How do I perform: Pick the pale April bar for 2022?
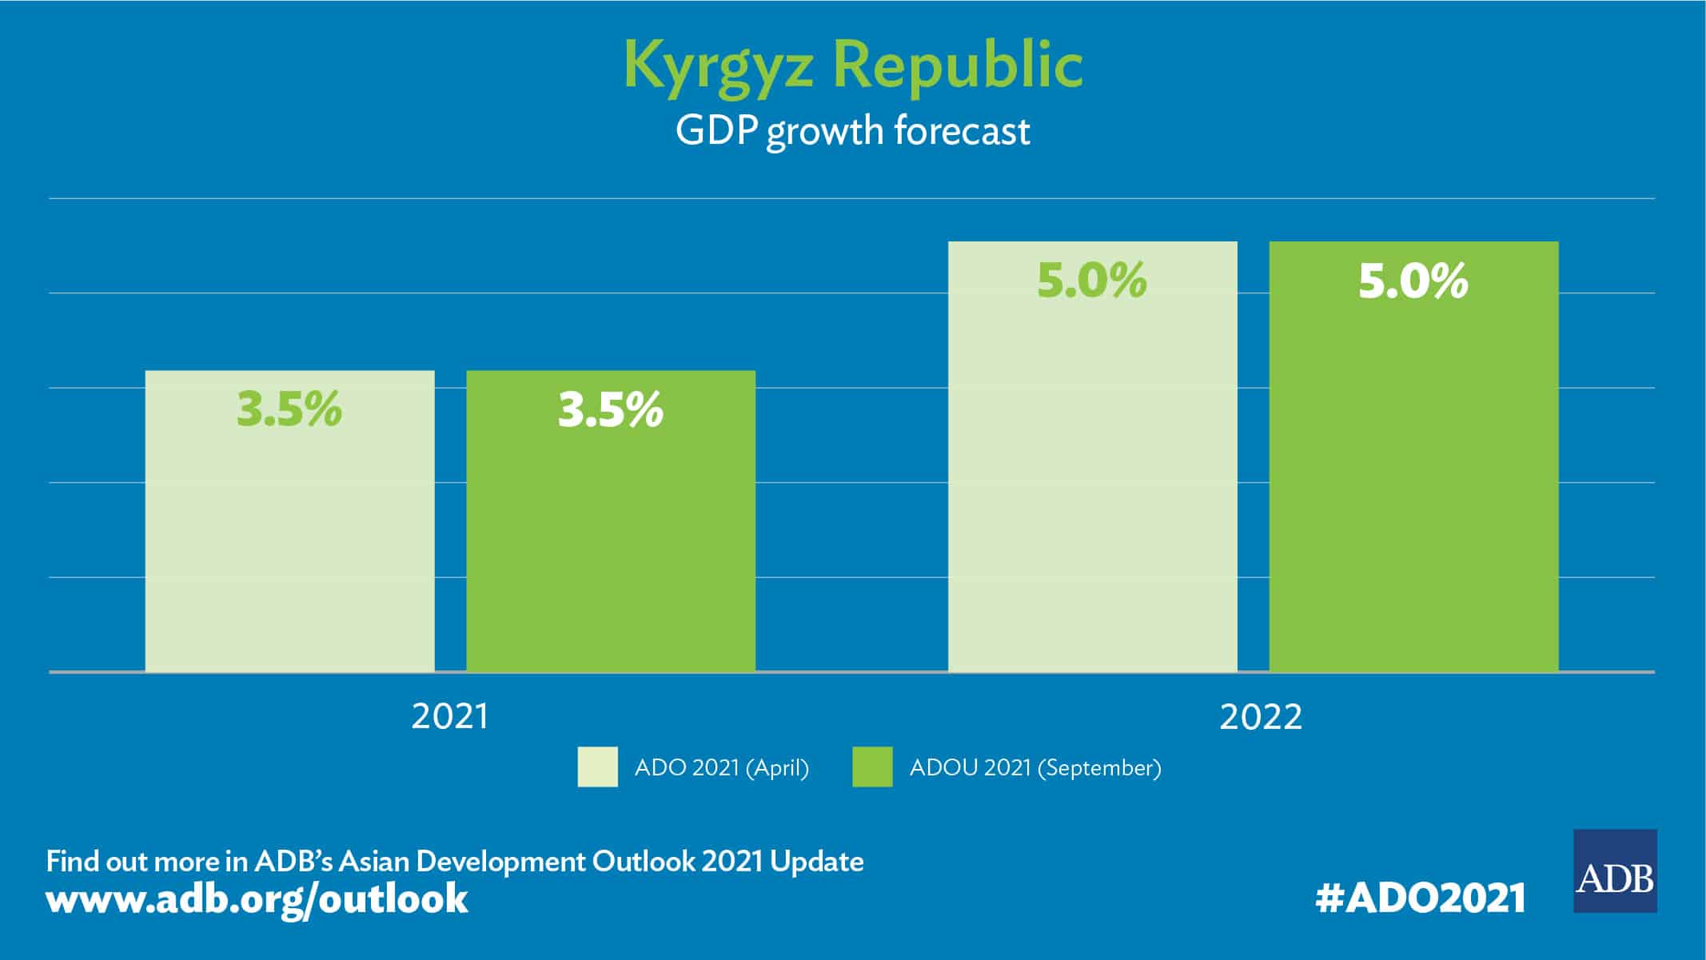(1092, 480)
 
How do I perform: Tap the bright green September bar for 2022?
(1413, 480)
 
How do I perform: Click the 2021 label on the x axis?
(449, 716)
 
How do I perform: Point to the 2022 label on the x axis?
(1261, 716)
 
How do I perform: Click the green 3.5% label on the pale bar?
(289, 409)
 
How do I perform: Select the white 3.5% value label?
(611, 409)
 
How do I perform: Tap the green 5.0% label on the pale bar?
(1092, 281)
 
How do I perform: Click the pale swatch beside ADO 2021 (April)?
(597, 767)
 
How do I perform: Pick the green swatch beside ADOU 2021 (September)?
(872, 767)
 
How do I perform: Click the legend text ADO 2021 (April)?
(721, 768)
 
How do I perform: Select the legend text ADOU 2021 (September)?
(1035, 768)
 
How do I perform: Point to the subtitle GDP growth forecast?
(852, 131)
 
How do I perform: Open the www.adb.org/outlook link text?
(257, 898)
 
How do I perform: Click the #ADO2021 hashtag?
(1420, 898)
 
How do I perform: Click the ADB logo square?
(1615, 871)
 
